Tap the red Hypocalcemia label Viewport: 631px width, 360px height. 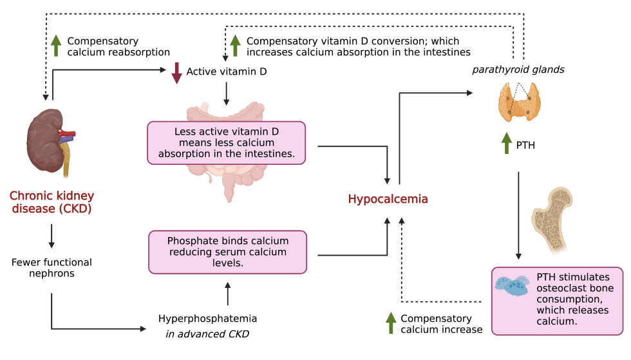click(388, 200)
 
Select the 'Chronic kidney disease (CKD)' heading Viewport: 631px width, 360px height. click(52, 202)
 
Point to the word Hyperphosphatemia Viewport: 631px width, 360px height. click(208, 318)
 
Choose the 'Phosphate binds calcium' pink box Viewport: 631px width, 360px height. click(227, 252)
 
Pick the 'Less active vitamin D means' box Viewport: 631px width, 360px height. click(227, 142)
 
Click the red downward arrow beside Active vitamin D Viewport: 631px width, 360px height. click(176, 72)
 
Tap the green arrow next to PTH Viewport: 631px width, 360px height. click(504, 145)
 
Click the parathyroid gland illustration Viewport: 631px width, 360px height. click(520, 104)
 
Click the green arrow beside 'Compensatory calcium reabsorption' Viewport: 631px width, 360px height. click(56, 46)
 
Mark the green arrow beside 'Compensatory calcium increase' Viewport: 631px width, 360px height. click(390, 323)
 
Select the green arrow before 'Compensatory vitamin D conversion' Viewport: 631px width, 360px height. click(236, 46)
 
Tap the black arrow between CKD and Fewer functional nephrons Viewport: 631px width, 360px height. click(52, 238)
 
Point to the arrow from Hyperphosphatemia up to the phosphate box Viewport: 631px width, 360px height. click(227, 293)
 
